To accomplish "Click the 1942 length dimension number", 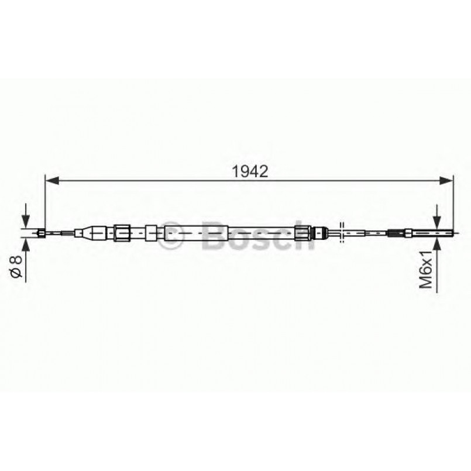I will pyautogui.click(x=250, y=172).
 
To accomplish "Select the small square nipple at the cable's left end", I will pyautogui.click(x=41, y=233).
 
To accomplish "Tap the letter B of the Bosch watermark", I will pyautogui.click(x=214, y=236).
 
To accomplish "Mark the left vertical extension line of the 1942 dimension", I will pyautogui.click(x=45, y=202).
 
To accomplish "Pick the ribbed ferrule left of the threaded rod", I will pyautogui.click(x=396, y=233).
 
